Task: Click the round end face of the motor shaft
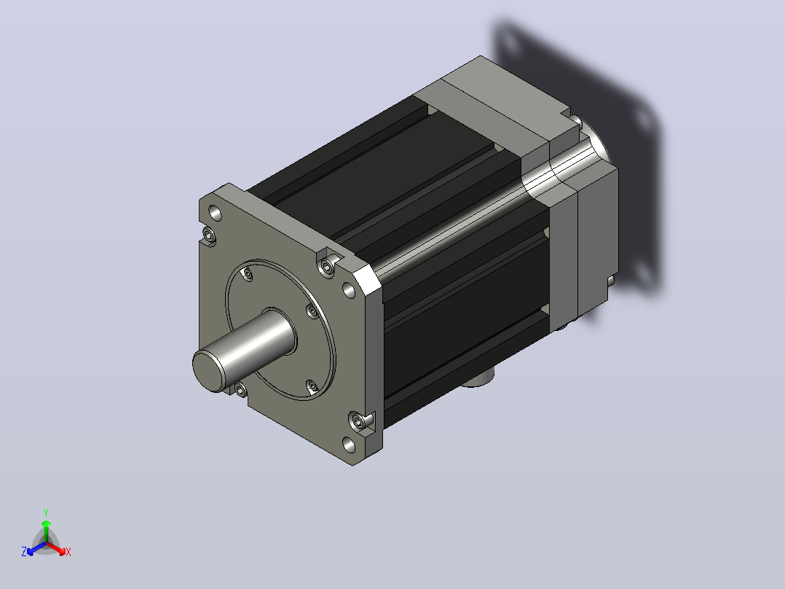pos(208,370)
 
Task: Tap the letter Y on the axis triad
pos(46,512)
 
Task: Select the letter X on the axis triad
pos(68,552)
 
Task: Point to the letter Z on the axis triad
pos(24,552)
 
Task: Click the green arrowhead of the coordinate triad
pos(46,523)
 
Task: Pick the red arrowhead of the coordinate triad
pos(62,552)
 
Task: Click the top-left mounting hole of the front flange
pos(215,213)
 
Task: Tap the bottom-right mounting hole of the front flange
pos(349,445)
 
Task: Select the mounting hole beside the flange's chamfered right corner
pos(348,289)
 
